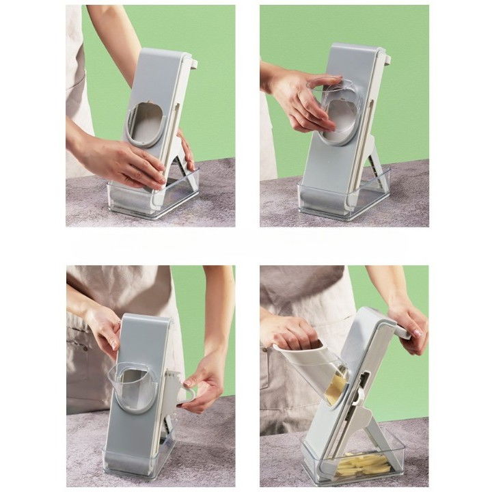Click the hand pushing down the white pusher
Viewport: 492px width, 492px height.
[290, 331]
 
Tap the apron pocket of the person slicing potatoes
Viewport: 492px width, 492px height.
[280, 383]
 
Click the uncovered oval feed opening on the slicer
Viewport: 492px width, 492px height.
[145, 123]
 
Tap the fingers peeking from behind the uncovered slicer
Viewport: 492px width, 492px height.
[186, 150]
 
